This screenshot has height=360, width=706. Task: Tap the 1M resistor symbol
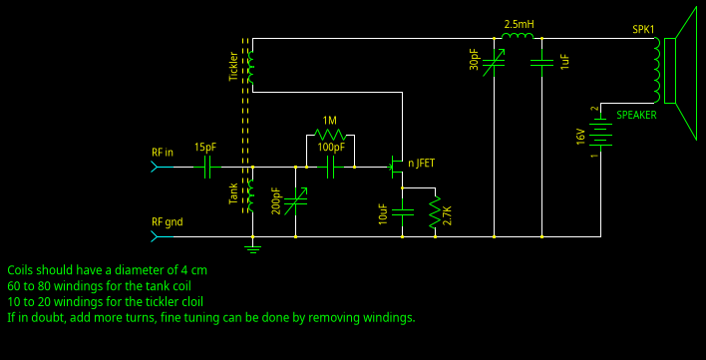click(x=329, y=135)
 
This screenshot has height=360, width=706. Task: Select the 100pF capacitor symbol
click(x=331, y=168)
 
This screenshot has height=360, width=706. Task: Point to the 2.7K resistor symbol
click(x=434, y=213)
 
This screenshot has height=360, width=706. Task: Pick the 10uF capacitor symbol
click(x=402, y=211)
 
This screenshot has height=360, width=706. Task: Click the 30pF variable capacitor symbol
click(x=494, y=63)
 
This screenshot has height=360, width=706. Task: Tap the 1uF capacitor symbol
click(x=541, y=63)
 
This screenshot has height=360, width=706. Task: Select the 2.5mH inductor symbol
click(x=518, y=39)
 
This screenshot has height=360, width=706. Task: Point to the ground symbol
click(x=253, y=246)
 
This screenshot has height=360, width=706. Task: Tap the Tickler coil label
click(x=234, y=66)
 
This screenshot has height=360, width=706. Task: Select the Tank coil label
click(x=234, y=193)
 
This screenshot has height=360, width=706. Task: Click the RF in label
click(x=162, y=153)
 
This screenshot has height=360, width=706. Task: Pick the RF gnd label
click(x=167, y=221)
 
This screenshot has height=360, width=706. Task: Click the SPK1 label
click(x=644, y=29)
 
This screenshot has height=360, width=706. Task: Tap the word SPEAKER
click(x=636, y=116)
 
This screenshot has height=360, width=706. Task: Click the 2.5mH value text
click(x=519, y=24)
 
